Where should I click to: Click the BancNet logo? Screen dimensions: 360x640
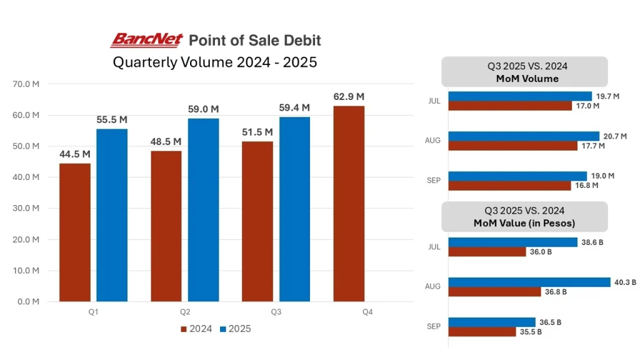(147, 41)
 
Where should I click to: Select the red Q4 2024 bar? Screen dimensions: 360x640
(349, 204)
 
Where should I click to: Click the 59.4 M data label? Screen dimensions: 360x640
(295, 107)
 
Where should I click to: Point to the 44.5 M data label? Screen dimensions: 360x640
(75, 154)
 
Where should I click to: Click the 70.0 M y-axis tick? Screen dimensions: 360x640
(26, 84)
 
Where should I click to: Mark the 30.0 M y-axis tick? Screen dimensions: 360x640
(26, 208)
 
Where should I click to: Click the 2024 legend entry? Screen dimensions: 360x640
(196, 329)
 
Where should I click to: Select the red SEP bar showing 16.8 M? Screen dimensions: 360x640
(510, 186)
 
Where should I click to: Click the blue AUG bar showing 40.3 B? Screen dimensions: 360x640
(529, 282)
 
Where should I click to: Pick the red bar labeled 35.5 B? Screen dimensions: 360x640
(482, 332)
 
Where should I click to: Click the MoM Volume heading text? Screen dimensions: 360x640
(524, 79)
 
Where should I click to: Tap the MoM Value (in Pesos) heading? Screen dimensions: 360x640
(524, 223)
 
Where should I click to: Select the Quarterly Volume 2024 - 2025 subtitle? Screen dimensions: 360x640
(215, 62)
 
